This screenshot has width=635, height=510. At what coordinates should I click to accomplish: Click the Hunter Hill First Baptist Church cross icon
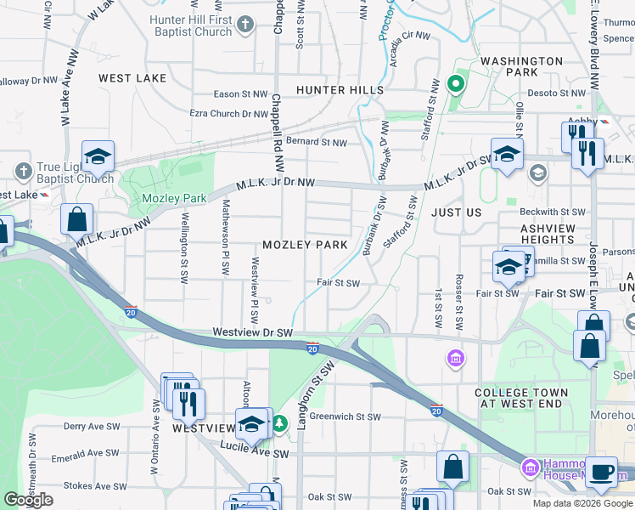coord(245,25)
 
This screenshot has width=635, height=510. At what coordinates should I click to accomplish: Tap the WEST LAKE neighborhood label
coord(132,78)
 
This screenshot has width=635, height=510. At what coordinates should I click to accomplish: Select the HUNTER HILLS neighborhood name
coord(340,89)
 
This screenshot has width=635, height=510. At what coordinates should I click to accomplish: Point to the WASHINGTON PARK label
coord(521,68)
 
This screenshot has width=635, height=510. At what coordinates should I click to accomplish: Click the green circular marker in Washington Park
coord(455,84)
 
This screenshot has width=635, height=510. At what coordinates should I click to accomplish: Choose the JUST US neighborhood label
coord(456,212)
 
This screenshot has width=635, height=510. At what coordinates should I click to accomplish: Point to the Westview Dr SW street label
coord(252,332)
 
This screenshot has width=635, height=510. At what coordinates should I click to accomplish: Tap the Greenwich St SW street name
coord(345,416)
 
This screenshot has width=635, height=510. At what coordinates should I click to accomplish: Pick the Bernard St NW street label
coord(317,142)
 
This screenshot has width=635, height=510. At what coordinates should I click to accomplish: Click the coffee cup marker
coord(603,472)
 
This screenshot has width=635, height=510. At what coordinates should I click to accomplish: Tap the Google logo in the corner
coord(29,500)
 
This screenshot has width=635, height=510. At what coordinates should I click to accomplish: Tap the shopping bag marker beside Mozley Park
coord(77,218)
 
